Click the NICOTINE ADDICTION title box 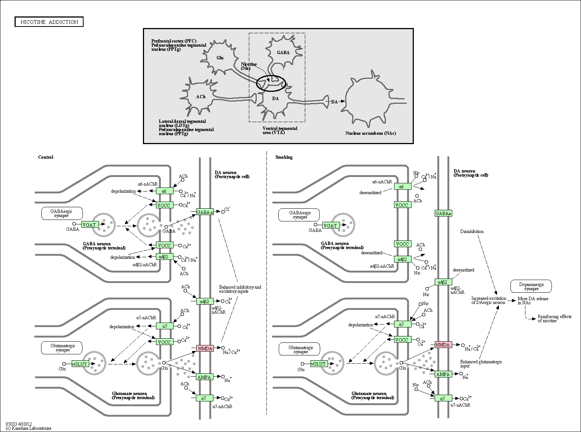pos(49,22)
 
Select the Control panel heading pos(46,157)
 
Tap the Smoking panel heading pos(284,157)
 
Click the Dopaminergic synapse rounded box pos(531,286)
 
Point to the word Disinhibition pos(472,231)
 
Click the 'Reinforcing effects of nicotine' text pos(555,318)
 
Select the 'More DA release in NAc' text pos(533,301)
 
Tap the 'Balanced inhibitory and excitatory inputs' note pos(240,289)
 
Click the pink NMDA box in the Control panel pos(205,348)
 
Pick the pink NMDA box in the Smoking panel pos(443,345)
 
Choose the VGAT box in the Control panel pos(89,225)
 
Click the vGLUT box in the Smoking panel pos(318,364)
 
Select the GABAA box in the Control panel pos(205,212)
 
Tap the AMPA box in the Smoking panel pos(443,374)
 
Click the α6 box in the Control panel pos(164,191)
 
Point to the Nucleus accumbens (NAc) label pos(371,133)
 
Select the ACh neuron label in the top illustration pos(201,97)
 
